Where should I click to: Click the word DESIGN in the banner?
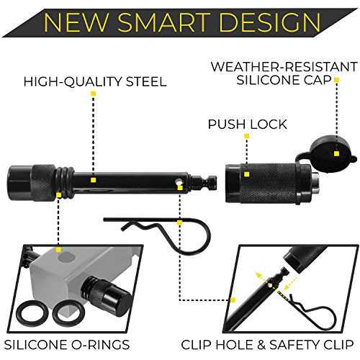tap(270, 22)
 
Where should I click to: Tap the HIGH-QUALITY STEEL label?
tap(95, 81)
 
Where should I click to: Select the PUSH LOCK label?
tap(247, 124)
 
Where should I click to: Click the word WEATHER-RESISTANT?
tap(284, 67)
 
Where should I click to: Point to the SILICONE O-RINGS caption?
tap(67, 345)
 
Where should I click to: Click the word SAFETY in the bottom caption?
tap(294, 345)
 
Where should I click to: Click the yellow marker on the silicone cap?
tap(336, 153)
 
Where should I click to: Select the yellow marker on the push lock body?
tap(246, 174)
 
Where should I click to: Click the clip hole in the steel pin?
tap(178, 181)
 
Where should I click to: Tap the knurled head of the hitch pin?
tap(31, 183)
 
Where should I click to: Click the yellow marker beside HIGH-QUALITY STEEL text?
tap(94, 94)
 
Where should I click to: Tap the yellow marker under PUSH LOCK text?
tap(246, 136)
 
